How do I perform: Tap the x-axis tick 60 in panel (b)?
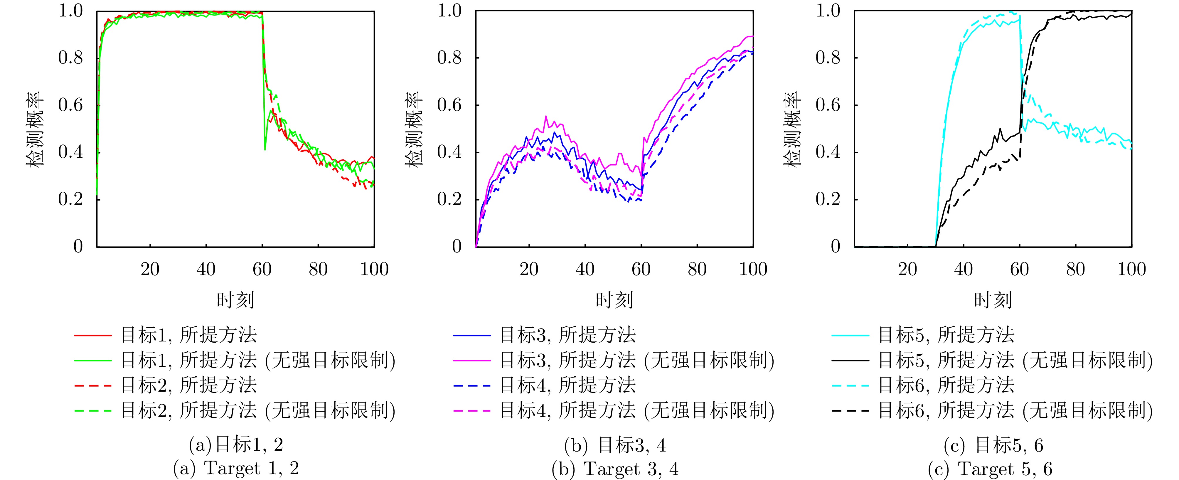(641, 269)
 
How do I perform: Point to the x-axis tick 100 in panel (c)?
(1131, 269)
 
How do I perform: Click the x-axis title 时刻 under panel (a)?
(235, 300)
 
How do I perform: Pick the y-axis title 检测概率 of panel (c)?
(792, 129)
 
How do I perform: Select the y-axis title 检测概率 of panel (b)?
(414, 129)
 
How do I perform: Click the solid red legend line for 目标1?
(92, 335)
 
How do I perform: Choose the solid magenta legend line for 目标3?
(471, 361)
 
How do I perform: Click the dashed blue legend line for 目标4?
(471, 386)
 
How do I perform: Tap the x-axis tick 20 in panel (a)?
(150, 269)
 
